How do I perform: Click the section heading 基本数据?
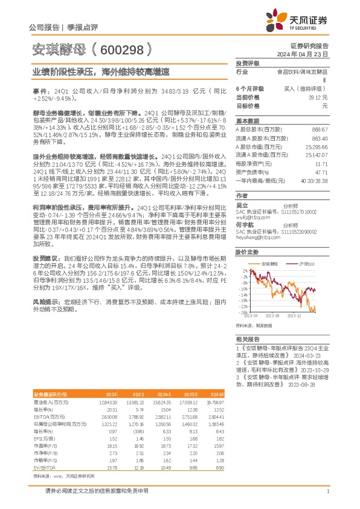coord(246,120)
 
